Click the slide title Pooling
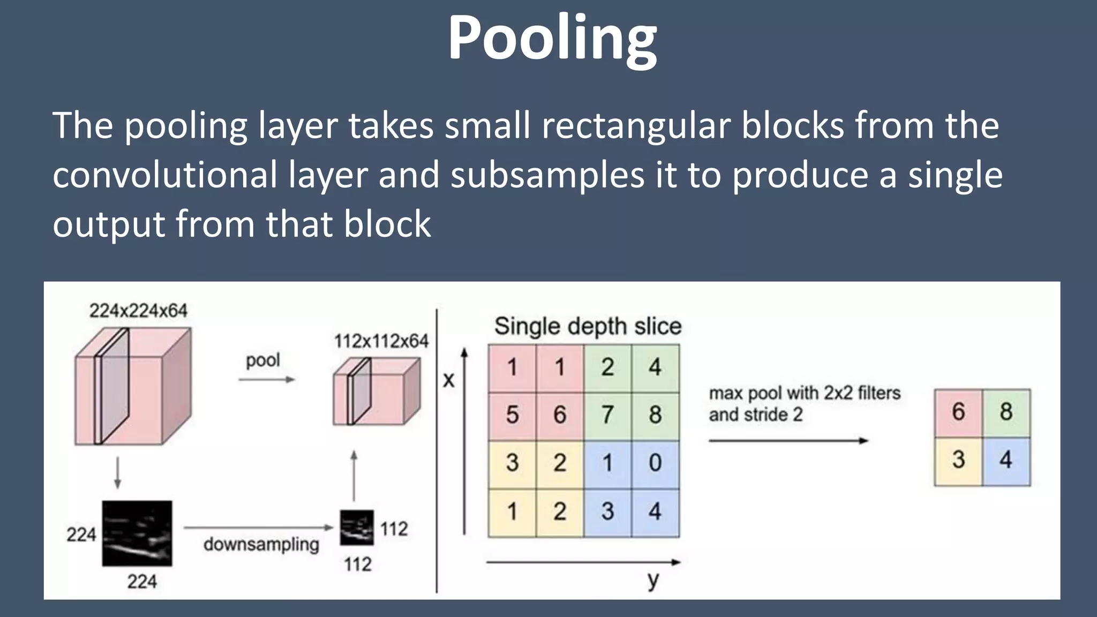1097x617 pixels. point(552,39)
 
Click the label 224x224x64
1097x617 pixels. point(138,311)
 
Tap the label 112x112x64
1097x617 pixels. point(381,341)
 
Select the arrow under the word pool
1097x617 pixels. point(266,380)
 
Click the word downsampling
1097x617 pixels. point(261,545)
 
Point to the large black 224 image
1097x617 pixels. point(137,533)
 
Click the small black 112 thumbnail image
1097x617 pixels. point(357,528)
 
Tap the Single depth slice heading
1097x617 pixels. point(588,326)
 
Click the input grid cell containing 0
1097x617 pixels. point(655,463)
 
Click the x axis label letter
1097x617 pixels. point(448,380)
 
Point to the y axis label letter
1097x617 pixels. point(652,580)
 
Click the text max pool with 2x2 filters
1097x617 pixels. point(805,393)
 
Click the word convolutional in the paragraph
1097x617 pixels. point(165,175)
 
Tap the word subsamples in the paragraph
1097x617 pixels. point(547,175)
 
